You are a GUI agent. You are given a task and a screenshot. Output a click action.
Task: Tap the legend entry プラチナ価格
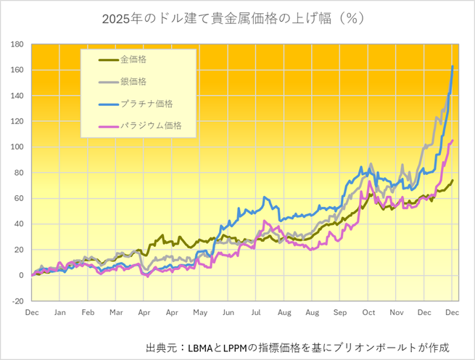pos(146,103)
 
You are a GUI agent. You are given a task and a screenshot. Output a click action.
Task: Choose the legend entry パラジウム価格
pos(150,126)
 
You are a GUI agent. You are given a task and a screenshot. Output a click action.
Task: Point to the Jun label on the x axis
pos(228,312)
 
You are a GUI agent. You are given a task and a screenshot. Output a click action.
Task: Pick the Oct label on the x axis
pos(368,312)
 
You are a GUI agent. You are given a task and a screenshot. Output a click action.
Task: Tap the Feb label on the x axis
pos(88,312)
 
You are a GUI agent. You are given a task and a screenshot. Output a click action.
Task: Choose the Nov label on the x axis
pos(397,312)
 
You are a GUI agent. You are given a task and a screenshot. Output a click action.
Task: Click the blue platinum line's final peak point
pos(453,67)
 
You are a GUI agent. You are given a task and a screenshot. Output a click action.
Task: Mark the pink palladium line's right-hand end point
pos(453,141)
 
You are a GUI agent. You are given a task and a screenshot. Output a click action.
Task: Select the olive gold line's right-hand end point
pos(453,180)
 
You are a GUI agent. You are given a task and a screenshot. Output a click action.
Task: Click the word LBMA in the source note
pos(200,348)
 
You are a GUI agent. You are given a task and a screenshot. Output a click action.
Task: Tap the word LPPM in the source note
pos(244,348)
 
